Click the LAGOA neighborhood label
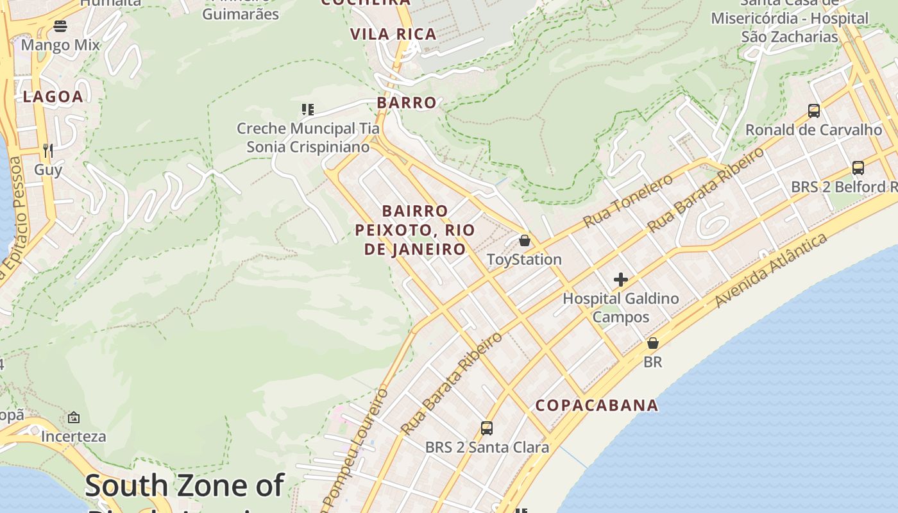pyautogui.click(x=53, y=97)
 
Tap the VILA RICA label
pyautogui.click(x=393, y=34)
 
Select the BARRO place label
pyautogui.click(x=407, y=103)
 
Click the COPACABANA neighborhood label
pyautogui.click(x=597, y=405)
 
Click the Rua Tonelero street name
pyautogui.click(x=628, y=200)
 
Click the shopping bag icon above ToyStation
pyautogui.click(x=525, y=240)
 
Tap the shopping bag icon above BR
pyautogui.click(x=652, y=343)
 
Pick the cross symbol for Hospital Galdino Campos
pyautogui.click(x=620, y=280)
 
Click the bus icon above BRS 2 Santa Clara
pyautogui.click(x=487, y=428)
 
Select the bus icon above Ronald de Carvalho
pyautogui.click(x=813, y=111)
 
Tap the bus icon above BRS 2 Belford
pyautogui.click(x=858, y=168)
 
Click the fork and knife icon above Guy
pyautogui.click(x=48, y=151)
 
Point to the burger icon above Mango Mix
pyautogui.click(x=60, y=26)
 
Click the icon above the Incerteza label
pyautogui.click(x=74, y=417)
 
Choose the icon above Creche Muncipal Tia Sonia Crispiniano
pyautogui.click(x=308, y=110)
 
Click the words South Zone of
pyautogui.click(x=184, y=485)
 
